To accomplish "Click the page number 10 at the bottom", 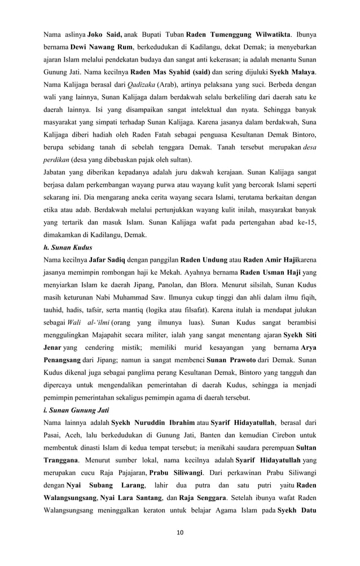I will (x=180, y=532).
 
